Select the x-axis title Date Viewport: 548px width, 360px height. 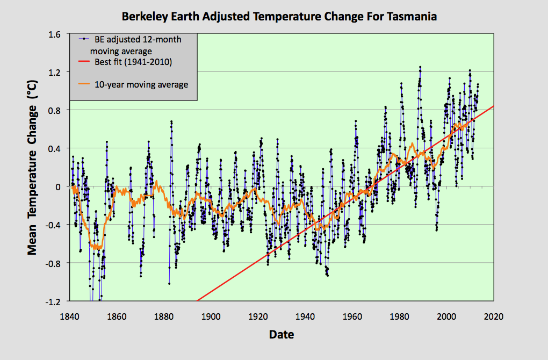click(282, 335)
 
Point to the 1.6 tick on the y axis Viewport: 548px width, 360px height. click(54, 34)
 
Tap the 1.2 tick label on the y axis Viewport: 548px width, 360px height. click(54, 72)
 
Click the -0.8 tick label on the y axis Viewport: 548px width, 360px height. click(53, 263)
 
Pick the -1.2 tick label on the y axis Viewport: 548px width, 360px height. click(53, 301)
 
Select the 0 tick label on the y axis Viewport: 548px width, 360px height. click(59, 186)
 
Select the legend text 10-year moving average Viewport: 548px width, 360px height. click(141, 84)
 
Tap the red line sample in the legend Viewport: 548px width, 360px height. click(83, 62)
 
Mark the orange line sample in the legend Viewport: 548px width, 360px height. click(83, 84)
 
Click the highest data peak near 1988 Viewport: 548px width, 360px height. click(420, 67)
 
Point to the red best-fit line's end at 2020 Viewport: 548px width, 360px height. click(493, 106)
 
